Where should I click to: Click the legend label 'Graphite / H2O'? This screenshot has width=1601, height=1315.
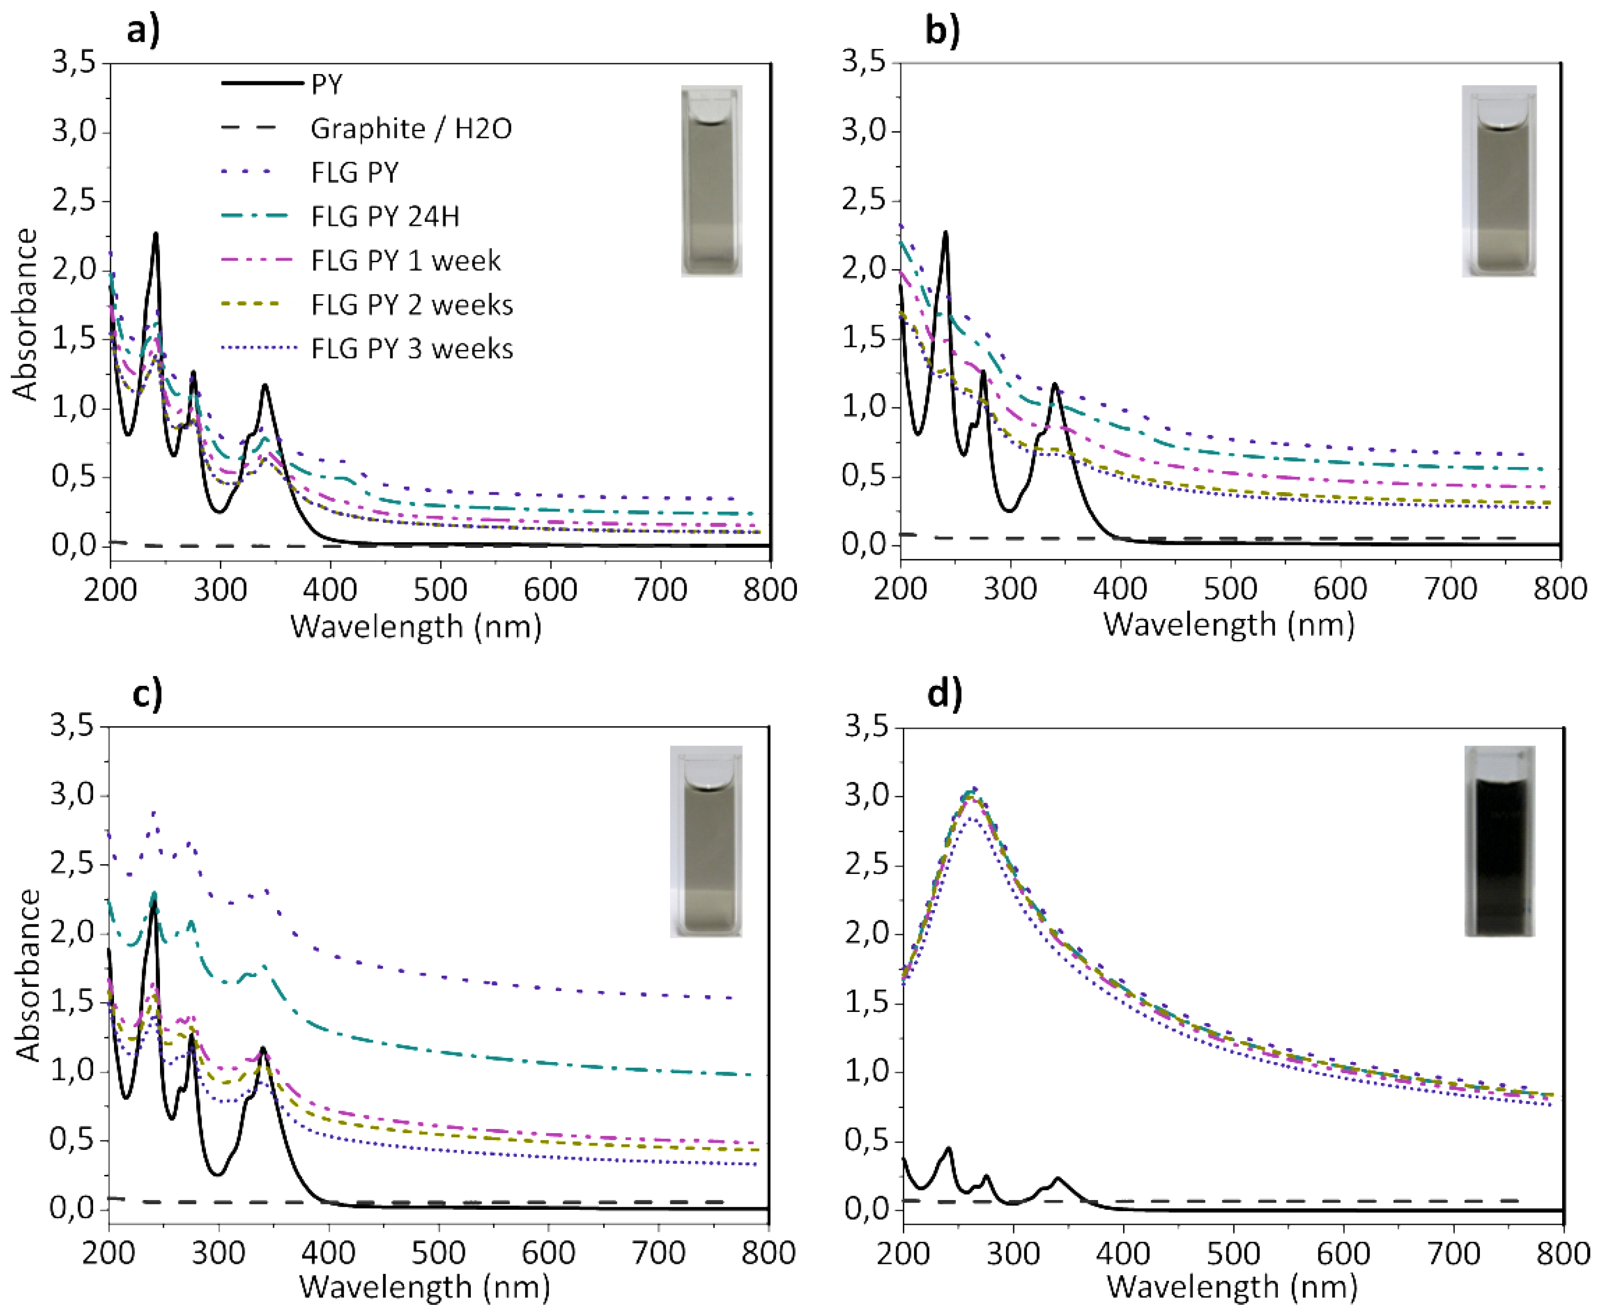(x=410, y=129)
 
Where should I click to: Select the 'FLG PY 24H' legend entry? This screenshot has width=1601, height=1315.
(x=385, y=217)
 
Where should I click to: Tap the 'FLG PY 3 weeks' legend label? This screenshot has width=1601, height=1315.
(x=411, y=349)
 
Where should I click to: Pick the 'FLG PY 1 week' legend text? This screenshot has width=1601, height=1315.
(x=405, y=261)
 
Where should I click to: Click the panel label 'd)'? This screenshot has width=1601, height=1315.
(x=944, y=694)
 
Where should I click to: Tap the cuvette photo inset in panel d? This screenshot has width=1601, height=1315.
(x=1499, y=841)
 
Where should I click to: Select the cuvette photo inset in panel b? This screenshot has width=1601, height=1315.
(x=1499, y=180)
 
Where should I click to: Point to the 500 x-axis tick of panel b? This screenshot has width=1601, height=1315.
(x=1230, y=589)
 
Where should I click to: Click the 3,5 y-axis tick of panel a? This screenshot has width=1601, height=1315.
(x=74, y=62)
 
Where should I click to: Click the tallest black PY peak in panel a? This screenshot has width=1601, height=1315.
(x=156, y=234)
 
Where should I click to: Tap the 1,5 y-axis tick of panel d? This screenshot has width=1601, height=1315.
(x=868, y=1003)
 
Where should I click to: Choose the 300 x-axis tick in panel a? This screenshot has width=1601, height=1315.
(x=220, y=590)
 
